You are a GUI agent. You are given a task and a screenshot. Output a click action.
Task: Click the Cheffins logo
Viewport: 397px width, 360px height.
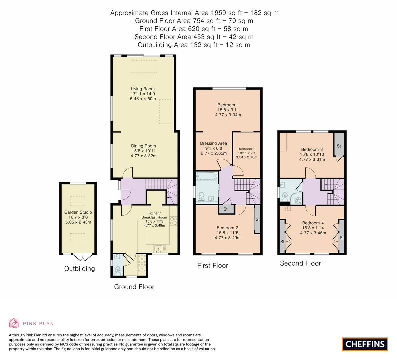365,344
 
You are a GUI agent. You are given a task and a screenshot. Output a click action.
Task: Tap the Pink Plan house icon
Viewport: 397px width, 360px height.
14,323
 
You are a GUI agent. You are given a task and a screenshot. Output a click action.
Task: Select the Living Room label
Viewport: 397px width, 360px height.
143,89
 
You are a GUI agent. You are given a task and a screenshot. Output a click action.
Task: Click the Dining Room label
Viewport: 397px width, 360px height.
143,146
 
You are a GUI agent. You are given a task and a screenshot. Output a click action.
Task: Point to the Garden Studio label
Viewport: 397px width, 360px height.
78,212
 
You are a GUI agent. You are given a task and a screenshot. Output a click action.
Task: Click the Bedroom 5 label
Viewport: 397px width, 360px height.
246,149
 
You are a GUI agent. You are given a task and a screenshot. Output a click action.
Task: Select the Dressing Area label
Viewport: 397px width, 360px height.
213,143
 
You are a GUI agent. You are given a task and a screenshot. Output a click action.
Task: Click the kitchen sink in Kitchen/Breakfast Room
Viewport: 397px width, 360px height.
159,248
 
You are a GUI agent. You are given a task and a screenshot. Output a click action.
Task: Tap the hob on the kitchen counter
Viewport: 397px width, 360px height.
173,221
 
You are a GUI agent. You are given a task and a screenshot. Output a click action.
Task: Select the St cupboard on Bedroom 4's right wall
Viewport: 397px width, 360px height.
341,237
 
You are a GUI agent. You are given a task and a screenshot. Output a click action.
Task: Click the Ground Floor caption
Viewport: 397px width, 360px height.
134,287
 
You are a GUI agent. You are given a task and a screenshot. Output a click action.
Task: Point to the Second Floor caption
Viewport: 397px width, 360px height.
300,263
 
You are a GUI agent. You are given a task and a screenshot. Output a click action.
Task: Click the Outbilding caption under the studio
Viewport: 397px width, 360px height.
79,268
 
